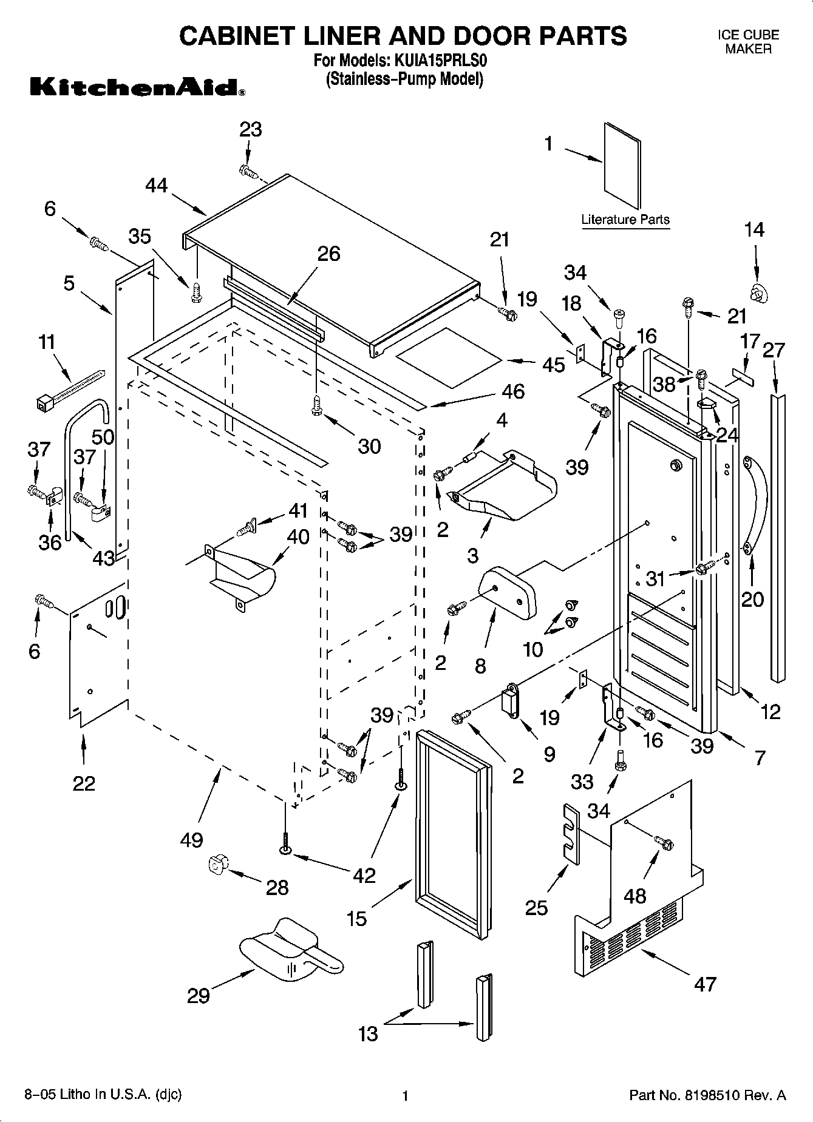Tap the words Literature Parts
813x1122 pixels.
(x=625, y=220)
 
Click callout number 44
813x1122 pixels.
(x=157, y=185)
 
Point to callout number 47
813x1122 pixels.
(x=705, y=984)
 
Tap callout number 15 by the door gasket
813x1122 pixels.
(x=356, y=919)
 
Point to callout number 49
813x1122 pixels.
(x=192, y=840)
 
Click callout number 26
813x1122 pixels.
(x=328, y=254)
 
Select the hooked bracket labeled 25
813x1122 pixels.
(x=570, y=832)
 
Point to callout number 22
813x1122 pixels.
(x=84, y=783)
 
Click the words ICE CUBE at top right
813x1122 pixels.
(x=748, y=35)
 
